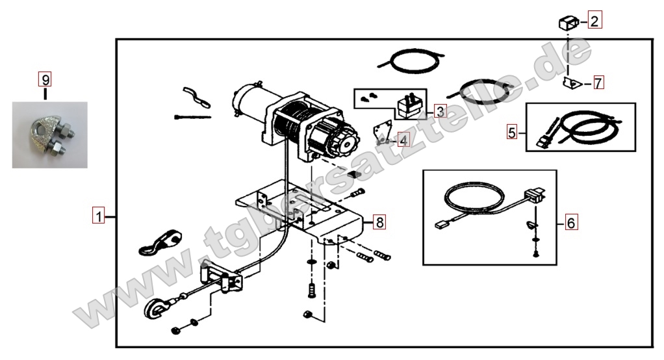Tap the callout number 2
point(594,20)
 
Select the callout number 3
point(441,111)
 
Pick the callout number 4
point(403,140)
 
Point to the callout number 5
point(512,132)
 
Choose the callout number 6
point(571,222)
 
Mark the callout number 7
point(598,83)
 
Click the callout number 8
point(379,222)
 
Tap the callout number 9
point(45,80)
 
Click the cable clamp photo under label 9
point(49,135)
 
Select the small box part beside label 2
point(568,22)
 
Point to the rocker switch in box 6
point(534,196)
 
